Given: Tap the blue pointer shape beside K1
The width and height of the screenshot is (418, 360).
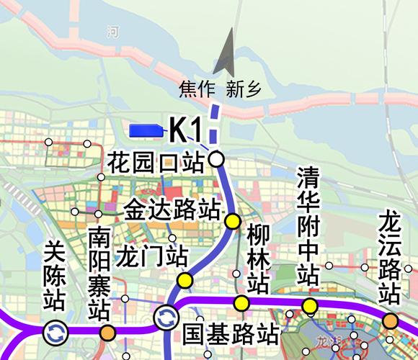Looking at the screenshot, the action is pos(146,130).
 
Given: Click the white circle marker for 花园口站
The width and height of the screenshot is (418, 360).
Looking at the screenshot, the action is pos(216,159).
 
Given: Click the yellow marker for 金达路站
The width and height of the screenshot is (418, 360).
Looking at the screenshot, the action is pos(232,221).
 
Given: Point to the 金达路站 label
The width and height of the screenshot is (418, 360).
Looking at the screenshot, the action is pos(172,210).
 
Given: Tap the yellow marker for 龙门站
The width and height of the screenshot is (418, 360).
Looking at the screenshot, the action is pos(185,280).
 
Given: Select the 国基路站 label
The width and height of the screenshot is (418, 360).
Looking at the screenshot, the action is pos(230,333).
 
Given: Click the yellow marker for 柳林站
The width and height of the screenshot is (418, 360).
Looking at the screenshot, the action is pos(241,303).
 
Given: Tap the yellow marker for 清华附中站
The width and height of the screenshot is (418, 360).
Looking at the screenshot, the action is pos(309,306).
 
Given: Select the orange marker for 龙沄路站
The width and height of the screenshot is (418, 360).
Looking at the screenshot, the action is pos(390,320).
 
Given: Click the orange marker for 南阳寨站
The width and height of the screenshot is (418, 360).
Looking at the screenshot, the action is pos(107,332).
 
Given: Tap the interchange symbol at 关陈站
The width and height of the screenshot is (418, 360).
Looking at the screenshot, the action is pos(55,332).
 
